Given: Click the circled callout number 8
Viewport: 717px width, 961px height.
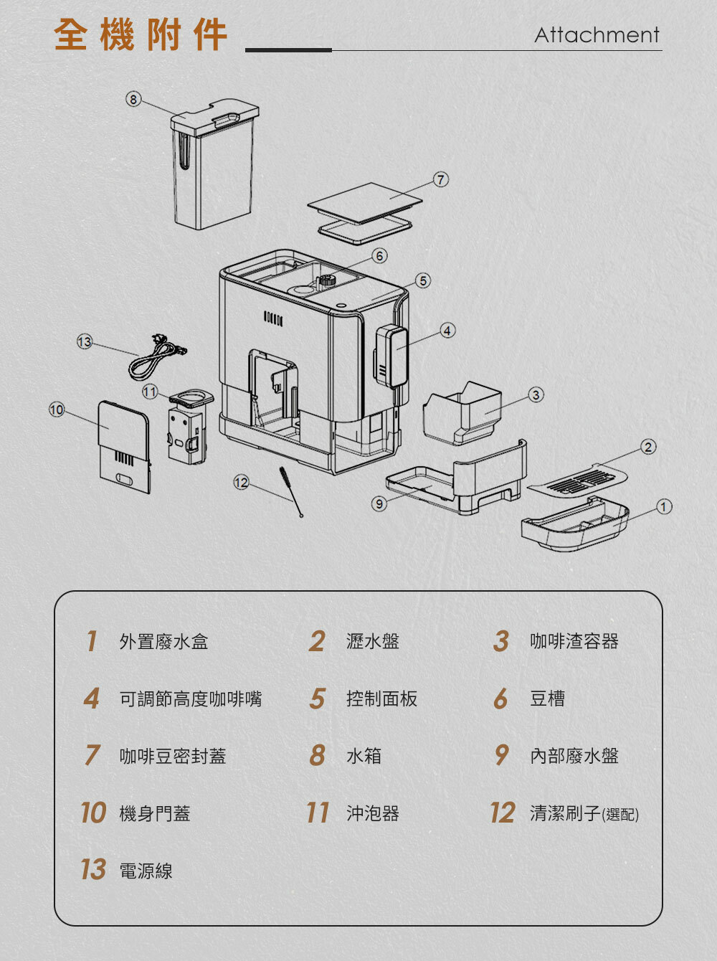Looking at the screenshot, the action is [x=133, y=99].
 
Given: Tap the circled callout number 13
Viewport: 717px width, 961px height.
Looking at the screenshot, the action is [x=85, y=341].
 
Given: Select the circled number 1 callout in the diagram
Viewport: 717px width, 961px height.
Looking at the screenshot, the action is [x=664, y=506].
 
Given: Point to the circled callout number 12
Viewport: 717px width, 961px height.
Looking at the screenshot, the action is [x=241, y=483].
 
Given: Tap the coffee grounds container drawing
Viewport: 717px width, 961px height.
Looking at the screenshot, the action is [x=462, y=413].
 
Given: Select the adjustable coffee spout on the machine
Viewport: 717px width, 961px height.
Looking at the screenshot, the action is [x=391, y=356].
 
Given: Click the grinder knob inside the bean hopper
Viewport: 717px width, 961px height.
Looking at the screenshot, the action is [x=326, y=280].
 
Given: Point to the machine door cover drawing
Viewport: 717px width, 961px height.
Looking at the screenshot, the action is [x=124, y=447].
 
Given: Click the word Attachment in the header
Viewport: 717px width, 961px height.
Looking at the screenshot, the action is [x=597, y=35].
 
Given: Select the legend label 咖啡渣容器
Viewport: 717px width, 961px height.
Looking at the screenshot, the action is [x=574, y=641].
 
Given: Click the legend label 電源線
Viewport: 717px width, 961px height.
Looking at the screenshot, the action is [x=146, y=871].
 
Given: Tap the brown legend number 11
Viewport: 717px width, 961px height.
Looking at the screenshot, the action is [x=318, y=813].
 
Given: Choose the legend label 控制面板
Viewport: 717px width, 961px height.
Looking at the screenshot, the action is [x=381, y=699].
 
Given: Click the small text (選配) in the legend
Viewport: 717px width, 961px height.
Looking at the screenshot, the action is [x=620, y=815].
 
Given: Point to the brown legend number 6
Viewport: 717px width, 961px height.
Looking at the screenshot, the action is [x=500, y=699].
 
